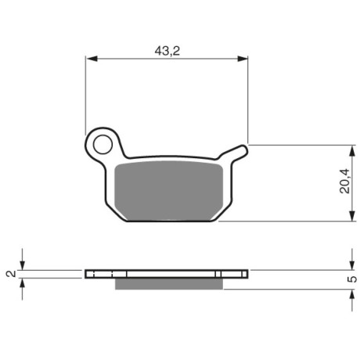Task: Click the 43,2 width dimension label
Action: (x=167, y=51)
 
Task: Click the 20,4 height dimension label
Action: (x=344, y=181)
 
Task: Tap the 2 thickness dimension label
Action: (x=11, y=274)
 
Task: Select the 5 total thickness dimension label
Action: (x=352, y=279)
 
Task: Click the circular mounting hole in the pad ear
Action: (x=103, y=145)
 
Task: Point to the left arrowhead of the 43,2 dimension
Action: (x=92, y=59)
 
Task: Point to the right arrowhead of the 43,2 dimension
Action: (x=243, y=59)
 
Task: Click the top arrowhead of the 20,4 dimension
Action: (x=352, y=151)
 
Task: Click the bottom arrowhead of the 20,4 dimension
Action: (x=352, y=215)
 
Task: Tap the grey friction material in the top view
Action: (x=169, y=191)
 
